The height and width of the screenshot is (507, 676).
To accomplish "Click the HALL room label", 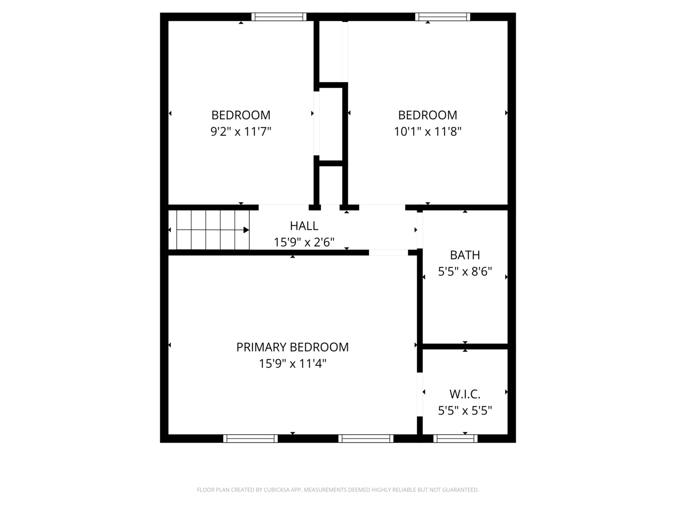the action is (304, 226).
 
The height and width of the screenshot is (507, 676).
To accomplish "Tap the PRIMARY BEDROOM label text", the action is (292, 347).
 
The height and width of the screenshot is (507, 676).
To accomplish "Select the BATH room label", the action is (465, 255).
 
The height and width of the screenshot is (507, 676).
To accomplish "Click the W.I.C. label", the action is (465, 394).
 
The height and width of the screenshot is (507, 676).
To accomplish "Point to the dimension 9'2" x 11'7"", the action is (240, 131).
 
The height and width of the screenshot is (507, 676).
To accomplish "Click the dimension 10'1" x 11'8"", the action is (428, 131).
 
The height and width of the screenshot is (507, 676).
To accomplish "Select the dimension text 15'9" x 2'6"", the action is (304, 242).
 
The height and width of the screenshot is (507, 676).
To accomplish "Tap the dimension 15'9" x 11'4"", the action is (292, 363).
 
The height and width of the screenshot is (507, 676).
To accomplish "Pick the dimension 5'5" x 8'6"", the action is (465, 271).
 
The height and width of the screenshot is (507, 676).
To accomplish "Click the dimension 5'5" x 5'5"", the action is (465, 410).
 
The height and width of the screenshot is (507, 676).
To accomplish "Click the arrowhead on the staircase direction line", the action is (246, 230).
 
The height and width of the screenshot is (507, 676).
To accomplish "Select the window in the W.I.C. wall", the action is (455, 438).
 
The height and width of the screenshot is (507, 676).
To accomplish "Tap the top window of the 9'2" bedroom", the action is (279, 16).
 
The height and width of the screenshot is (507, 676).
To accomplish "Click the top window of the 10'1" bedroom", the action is (443, 16).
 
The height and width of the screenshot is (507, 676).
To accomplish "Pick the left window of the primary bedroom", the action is (250, 438).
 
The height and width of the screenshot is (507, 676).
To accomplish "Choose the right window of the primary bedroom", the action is (366, 438).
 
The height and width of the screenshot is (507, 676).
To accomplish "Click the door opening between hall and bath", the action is (420, 230).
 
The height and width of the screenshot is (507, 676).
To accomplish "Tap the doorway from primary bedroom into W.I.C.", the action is (420, 394).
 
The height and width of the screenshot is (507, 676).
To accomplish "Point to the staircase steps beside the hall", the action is (209, 230).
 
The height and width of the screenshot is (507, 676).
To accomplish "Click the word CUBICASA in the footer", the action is (276, 490).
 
